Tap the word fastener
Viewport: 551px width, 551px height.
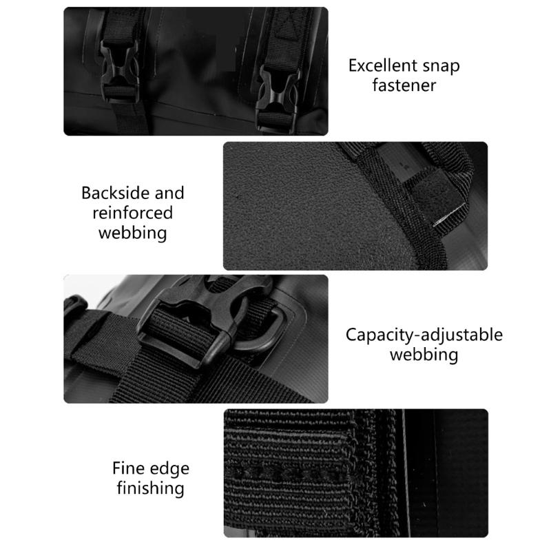coord(404,86)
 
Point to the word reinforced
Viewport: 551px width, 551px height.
coord(132,213)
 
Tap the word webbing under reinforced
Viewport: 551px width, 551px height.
coord(132,233)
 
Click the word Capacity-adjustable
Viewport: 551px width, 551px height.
coord(424,335)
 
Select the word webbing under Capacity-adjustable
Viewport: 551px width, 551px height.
coord(424,355)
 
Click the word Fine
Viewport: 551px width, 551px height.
coord(129,468)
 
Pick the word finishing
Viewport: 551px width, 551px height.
coord(149,489)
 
